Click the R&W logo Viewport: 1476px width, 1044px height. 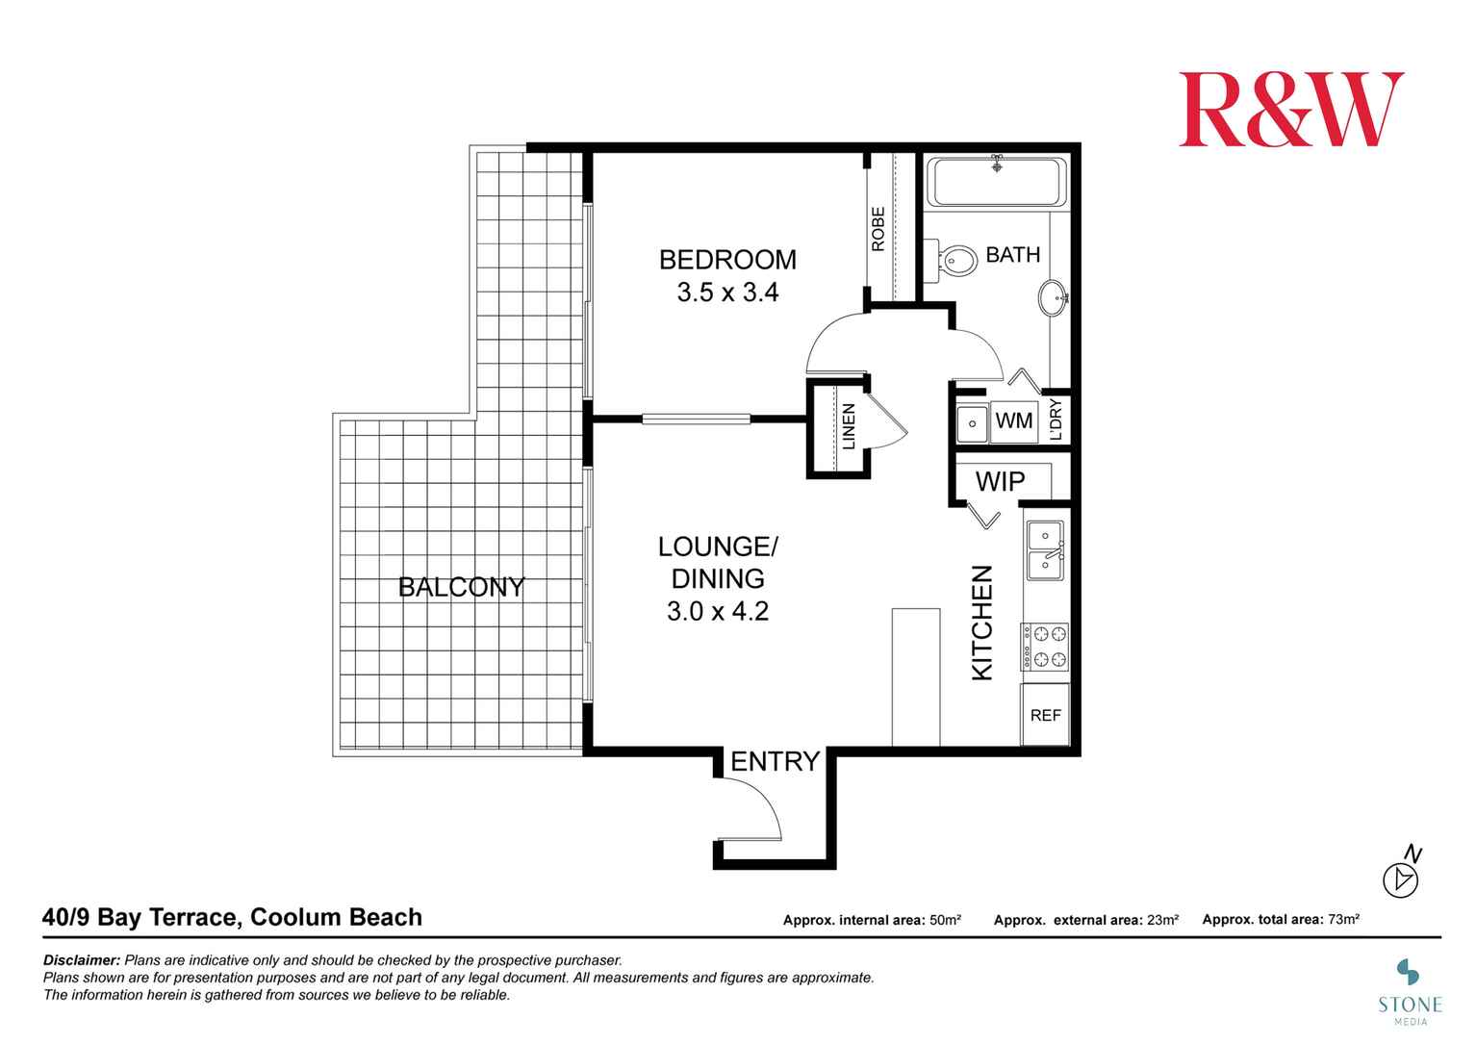[1290, 109]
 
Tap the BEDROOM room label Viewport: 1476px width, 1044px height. [727, 260]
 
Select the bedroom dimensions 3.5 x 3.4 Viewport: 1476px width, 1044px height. [727, 293]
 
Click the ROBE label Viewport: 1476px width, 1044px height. [878, 230]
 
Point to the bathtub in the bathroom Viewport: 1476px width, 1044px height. [997, 182]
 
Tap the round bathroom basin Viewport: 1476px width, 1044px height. [1054, 297]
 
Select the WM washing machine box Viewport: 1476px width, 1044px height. [1013, 420]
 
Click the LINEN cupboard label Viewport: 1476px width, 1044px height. [849, 427]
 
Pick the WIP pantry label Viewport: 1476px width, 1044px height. [1001, 481]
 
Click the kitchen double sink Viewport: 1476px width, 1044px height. [1045, 550]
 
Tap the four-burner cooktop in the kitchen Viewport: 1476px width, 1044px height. [1045, 647]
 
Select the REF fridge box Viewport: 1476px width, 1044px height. [1045, 715]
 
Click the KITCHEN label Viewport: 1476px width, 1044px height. [981, 623]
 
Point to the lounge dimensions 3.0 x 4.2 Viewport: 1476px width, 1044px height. [718, 611]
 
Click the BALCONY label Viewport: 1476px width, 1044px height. [462, 587]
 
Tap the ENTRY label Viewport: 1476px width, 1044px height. [775, 762]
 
